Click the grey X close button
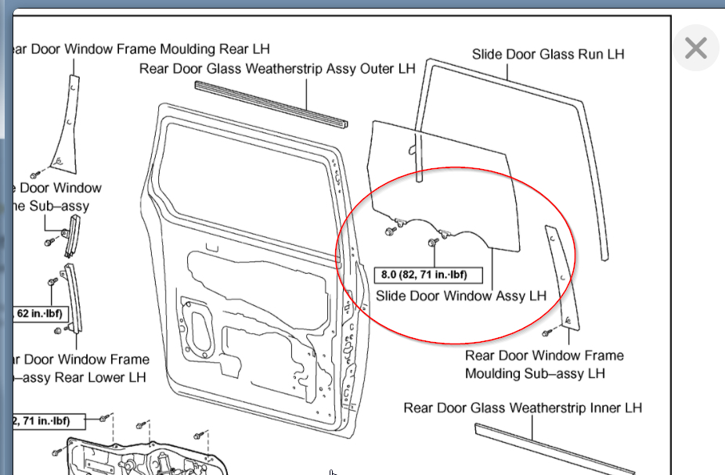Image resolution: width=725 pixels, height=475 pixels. click(x=695, y=49)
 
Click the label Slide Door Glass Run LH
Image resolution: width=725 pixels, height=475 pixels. click(x=548, y=55)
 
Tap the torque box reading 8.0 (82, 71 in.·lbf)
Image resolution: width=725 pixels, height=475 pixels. click(x=430, y=275)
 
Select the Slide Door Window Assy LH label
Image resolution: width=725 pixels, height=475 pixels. click(x=461, y=296)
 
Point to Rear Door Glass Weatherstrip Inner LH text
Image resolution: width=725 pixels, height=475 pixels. click(x=522, y=408)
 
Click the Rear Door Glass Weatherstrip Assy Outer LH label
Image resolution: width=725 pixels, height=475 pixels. click(x=277, y=69)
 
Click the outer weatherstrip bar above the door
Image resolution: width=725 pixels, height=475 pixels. click(x=270, y=103)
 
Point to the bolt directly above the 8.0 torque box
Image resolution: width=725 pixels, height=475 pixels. click(x=434, y=244)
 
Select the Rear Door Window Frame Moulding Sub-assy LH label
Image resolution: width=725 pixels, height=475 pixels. click(x=543, y=365)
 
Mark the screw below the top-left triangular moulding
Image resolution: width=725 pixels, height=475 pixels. click(x=35, y=174)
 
